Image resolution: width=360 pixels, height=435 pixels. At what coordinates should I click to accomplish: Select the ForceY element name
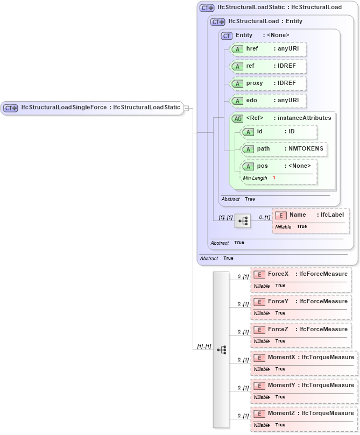coord(278,302)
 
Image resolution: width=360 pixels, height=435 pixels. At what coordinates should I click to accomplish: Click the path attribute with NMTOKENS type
coord(284,149)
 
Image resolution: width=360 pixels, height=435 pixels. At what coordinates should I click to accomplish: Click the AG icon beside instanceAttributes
coord(237,118)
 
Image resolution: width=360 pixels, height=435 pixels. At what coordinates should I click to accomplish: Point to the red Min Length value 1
coord(274,178)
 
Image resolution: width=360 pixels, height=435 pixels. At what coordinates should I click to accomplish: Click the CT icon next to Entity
coord(227,35)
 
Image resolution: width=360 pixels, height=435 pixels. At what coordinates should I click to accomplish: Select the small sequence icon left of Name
coord(243,220)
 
